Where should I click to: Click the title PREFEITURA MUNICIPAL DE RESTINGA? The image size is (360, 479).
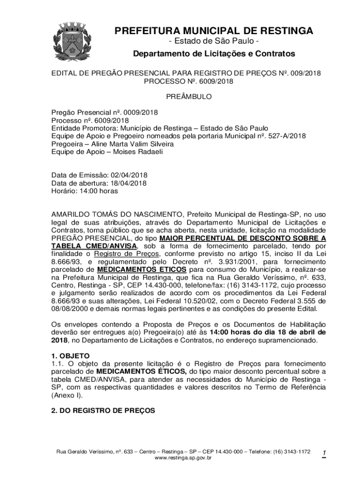pos(214,31)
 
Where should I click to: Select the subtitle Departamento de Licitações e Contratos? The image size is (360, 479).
pos(214,54)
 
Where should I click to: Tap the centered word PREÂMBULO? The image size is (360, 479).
pos(189,97)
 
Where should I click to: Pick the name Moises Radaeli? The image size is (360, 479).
pos(134,152)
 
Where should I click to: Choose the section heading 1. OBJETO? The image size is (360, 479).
pos(70,356)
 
